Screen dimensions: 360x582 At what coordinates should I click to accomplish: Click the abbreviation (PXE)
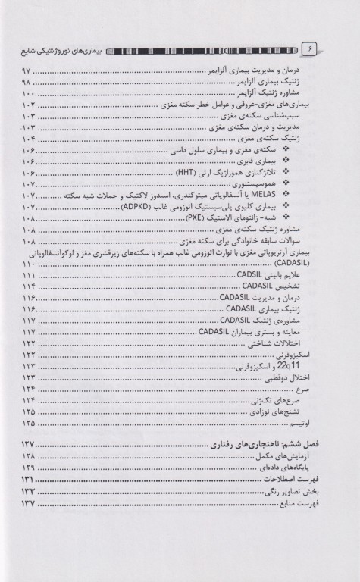(198, 217)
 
